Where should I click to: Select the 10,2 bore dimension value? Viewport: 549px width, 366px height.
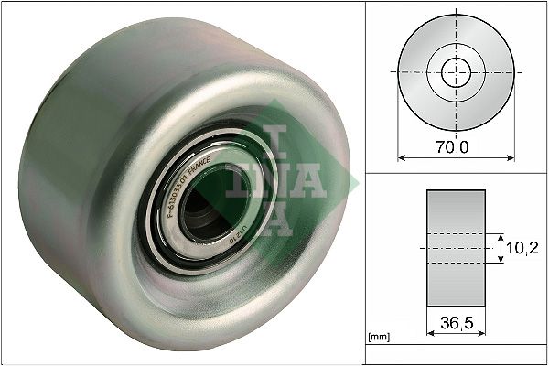pos(521,247)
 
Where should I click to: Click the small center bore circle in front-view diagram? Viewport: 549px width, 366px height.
pos(456,71)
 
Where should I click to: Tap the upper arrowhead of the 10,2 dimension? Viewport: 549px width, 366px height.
pos(501,236)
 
